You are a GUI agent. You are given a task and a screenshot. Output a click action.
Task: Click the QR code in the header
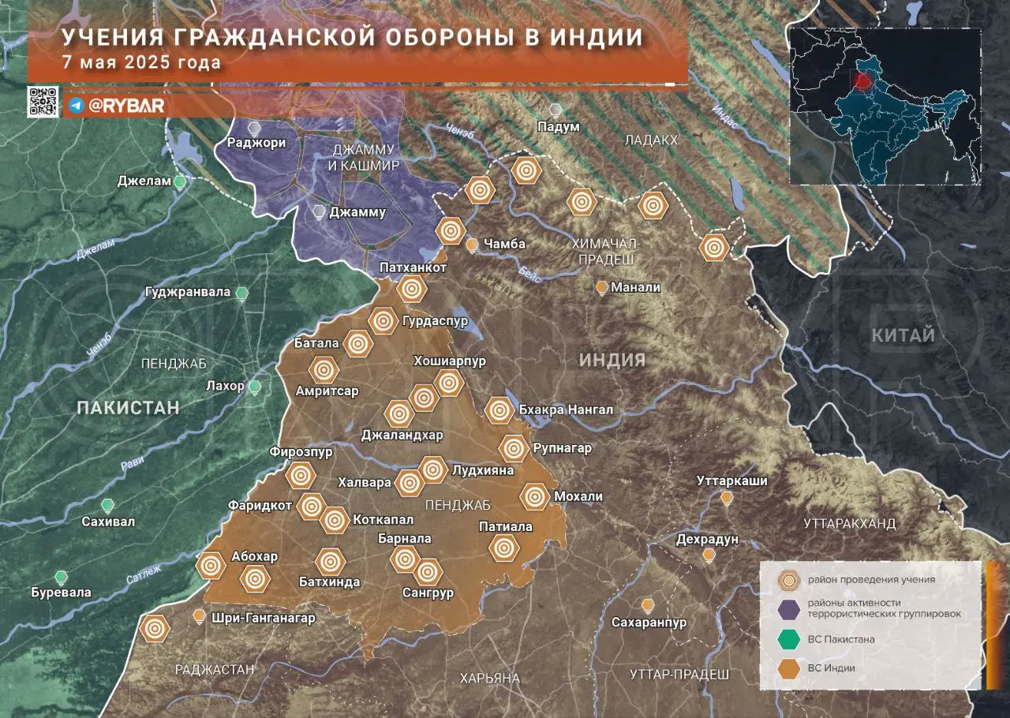click(43, 102)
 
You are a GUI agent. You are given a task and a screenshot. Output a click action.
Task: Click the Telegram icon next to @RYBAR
click(76, 106)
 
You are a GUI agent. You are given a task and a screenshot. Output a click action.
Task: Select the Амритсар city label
click(327, 391)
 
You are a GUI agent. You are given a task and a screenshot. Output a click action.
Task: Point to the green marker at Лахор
click(255, 387)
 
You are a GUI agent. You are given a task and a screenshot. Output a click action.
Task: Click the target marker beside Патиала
click(503, 547)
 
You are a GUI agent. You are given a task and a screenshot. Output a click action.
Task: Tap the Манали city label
click(636, 287)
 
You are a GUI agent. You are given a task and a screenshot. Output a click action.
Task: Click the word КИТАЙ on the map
click(903, 335)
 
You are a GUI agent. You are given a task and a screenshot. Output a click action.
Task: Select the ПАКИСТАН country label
click(128, 408)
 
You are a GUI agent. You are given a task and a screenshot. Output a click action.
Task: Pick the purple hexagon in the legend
click(787, 608)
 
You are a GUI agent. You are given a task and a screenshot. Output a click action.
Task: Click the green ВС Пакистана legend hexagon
click(787, 638)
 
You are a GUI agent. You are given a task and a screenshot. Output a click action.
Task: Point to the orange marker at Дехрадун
click(709, 555)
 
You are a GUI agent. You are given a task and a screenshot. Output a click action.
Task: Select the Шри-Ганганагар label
click(264, 618)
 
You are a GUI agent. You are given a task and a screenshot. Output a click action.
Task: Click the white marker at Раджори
click(254, 127)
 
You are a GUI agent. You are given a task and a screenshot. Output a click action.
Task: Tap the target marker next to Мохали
click(534, 496)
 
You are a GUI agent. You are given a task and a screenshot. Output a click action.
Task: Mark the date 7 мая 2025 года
click(141, 62)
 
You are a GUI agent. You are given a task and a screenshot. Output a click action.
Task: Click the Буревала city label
click(61, 592)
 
